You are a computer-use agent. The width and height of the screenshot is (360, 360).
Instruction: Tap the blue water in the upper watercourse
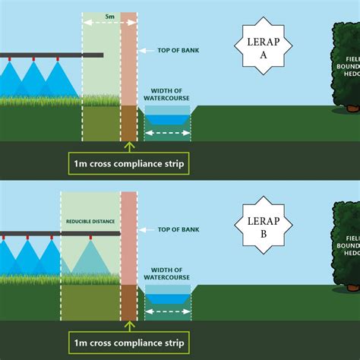(x=167, y=119)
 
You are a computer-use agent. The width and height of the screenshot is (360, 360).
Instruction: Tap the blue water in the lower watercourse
(x=167, y=298)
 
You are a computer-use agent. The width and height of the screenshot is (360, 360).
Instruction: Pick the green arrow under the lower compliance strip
(x=128, y=324)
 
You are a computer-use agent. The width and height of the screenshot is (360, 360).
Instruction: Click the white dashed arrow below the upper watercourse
(x=166, y=134)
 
